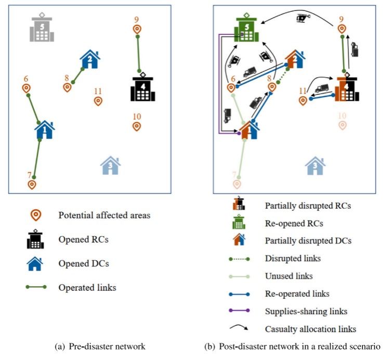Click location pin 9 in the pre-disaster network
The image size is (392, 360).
137,30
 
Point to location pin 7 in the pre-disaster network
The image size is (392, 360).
32,184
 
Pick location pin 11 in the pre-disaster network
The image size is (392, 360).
97,100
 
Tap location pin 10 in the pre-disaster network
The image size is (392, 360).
136,126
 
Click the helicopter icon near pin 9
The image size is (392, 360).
302,19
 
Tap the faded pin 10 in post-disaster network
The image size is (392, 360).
342,125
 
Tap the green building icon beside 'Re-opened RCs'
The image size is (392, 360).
238,222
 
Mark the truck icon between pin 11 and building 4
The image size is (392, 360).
322,88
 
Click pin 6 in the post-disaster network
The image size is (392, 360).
231,87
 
